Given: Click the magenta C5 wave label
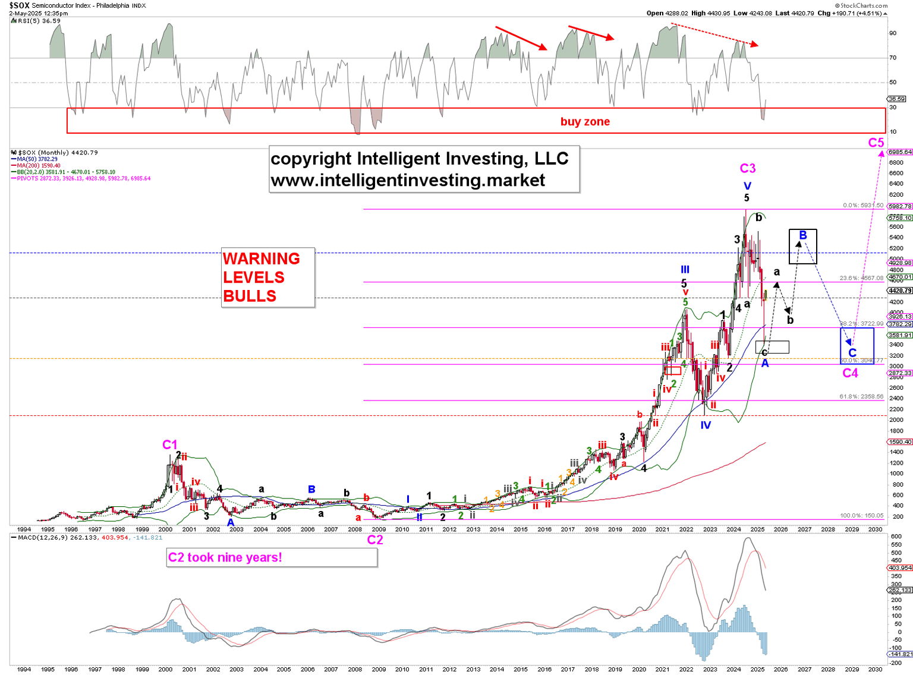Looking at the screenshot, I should coord(876,143).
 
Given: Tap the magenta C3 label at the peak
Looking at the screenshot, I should coord(747,169).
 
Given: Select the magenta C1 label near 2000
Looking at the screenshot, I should coord(170,444).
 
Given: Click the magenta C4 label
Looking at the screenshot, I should coord(851,373).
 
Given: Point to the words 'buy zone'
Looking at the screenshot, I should coord(585,122).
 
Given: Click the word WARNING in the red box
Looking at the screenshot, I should coord(261,259).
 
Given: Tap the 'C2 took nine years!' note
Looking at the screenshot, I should coord(225,557).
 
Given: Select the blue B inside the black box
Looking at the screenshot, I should coord(803,235).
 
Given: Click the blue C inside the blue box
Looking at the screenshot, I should coord(852,353).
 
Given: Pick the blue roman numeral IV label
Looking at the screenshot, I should coord(706,425).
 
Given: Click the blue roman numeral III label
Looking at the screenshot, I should coord(685,270).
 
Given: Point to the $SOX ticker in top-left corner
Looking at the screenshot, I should coord(19,5).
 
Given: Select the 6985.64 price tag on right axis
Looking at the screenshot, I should coord(900,152).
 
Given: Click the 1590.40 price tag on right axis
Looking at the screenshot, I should coord(899,442).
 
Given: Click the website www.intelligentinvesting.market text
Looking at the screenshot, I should coord(408,181).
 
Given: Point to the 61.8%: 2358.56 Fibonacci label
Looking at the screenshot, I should coord(861,396).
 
